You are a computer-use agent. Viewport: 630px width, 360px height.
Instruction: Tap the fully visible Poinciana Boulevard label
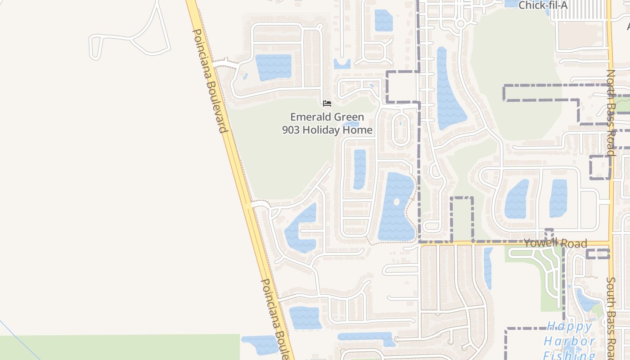tap(209, 81)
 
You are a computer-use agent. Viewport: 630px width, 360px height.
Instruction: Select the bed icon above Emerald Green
tap(327, 103)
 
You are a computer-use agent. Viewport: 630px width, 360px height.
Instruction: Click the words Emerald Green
tap(327, 117)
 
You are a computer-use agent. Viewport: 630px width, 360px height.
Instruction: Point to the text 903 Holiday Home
tap(327, 130)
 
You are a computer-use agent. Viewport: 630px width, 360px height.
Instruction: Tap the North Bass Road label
tap(611, 112)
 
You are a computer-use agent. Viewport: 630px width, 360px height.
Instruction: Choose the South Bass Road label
tap(611, 315)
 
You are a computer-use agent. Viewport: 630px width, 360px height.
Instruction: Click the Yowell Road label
tap(555, 243)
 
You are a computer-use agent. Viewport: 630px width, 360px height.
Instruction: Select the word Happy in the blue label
tap(569, 326)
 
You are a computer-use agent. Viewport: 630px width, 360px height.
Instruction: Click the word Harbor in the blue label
tap(569, 341)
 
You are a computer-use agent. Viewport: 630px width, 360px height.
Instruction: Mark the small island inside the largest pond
tap(396, 202)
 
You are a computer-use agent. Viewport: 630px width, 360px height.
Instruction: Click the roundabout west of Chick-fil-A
tap(460, 23)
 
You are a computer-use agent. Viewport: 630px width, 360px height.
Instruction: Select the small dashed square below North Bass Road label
tap(600, 167)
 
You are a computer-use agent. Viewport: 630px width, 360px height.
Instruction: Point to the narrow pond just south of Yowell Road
tap(488, 268)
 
